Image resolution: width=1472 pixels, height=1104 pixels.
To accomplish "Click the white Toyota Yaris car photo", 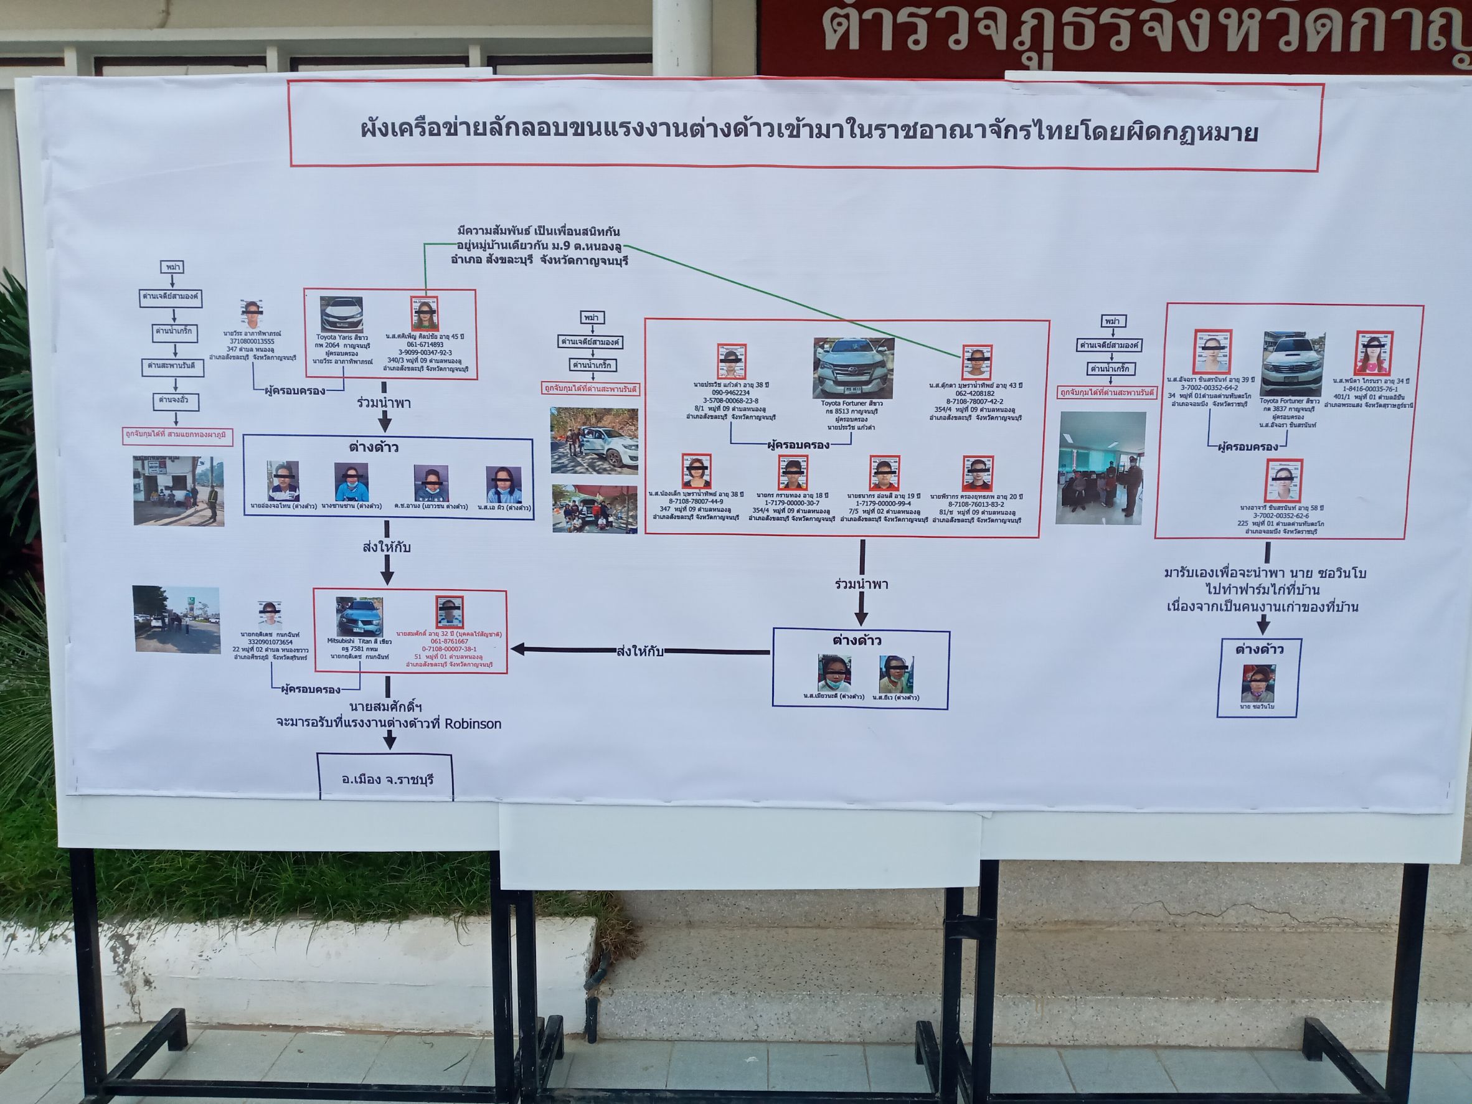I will tap(341, 314).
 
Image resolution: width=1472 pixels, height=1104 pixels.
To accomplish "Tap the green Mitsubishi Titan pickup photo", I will tap(359, 616).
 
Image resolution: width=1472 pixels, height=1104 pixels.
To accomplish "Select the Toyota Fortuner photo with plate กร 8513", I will tap(853, 368).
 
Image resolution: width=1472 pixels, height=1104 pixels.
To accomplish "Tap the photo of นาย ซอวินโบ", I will tap(1258, 684).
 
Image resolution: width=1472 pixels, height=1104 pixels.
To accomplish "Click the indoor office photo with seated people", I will tap(1102, 467).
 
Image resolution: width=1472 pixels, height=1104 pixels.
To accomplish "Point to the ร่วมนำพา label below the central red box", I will tap(861, 584).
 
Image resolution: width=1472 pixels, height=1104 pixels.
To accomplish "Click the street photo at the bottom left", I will tap(176, 620).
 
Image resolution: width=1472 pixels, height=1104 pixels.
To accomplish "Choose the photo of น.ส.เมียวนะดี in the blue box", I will tap(834, 674).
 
